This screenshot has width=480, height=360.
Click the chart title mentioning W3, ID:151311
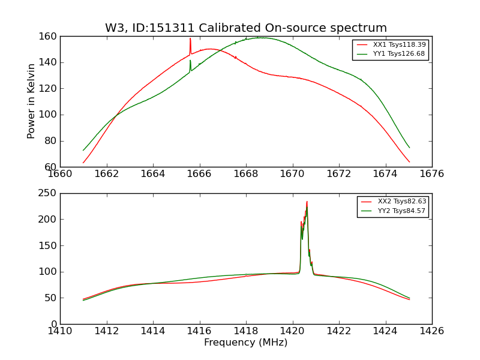pos(246,28)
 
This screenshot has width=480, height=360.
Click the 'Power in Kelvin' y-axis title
pos(31,101)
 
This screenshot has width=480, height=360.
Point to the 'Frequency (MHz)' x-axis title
pos(246,343)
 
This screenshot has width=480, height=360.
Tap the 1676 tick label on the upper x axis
pos(431,174)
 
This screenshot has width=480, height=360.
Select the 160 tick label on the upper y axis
pos(49,37)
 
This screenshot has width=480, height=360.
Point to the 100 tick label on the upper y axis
pos(49,115)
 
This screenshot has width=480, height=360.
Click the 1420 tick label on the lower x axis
pos(292,331)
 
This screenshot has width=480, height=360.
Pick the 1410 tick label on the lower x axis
pos(60,331)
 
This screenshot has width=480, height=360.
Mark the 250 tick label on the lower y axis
pos(49,193)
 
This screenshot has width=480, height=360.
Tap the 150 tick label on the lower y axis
pos(49,245)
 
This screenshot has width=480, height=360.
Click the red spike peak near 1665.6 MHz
pos(190,39)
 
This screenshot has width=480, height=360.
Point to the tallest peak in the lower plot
pos(307,202)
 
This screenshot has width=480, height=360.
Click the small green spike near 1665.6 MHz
pos(190,61)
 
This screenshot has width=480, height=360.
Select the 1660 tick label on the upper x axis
pos(60,174)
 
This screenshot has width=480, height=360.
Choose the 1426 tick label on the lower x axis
pos(431,331)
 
